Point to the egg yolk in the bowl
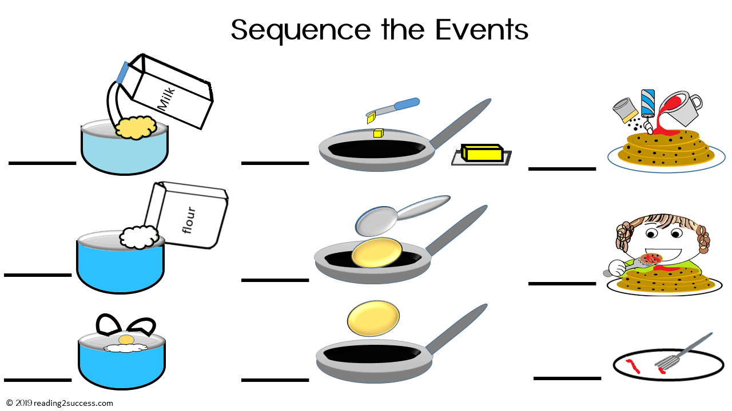point(126,340)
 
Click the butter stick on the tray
point(482,153)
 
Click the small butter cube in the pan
point(377,133)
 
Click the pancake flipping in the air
point(373,319)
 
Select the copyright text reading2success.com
point(73,403)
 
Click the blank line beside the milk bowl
point(42,163)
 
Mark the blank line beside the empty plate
point(567,378)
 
